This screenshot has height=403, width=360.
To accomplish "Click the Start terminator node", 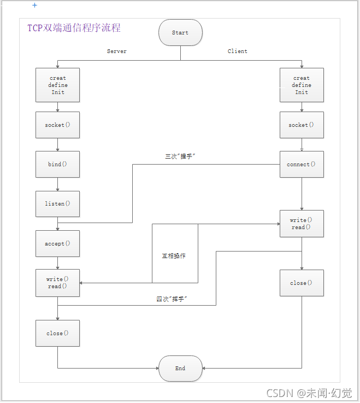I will (180, 33).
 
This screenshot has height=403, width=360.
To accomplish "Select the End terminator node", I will (180, 369).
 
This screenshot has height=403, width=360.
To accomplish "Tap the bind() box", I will (57, 165).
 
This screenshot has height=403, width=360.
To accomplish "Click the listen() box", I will (57, 204).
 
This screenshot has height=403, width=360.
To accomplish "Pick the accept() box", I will (57, 244).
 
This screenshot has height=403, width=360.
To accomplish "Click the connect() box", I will (302, 165).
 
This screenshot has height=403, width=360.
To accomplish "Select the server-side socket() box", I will (57, 125).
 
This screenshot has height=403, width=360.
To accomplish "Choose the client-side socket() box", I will (302, 125).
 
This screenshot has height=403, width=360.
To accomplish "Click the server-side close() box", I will (57, 333).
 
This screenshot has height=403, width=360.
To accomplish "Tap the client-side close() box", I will (302, 283).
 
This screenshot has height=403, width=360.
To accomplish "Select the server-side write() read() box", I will (57, 283).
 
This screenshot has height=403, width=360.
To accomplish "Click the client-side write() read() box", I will (302, 224).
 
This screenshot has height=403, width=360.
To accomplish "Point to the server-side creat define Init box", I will (57, 85).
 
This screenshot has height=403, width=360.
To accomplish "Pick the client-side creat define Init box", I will (302, 85).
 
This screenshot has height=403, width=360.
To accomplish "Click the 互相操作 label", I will (174, 256).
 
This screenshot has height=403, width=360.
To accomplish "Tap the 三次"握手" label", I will (180, 156).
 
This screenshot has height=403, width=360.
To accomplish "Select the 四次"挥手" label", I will (172, 299).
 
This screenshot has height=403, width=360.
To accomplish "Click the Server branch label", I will (116, 51).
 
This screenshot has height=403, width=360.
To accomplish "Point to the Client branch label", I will (238, 51).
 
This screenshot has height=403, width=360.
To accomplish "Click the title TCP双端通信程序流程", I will (74, 28).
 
